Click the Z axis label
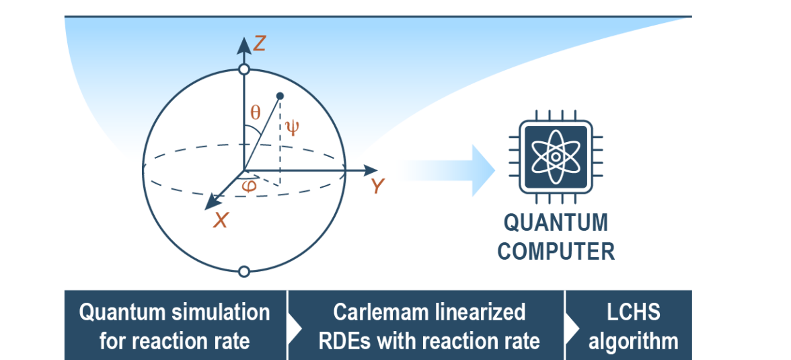click(x=260, y=44)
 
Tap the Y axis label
click(x=378, y=186)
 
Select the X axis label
click(x=221, y=220)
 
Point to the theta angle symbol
click(x=255, y=113)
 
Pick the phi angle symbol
click(x=250, y=186)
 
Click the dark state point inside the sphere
click(x=280, y=96)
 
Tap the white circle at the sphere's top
click(x=244, y=69)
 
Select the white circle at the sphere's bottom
click(x=244, y=271)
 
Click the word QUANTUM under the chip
click(x=556, y=223)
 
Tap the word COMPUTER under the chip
click(x=556, y=251)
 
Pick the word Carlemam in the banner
click(x=378, y=312)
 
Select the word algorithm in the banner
click(x=633, y=340)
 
